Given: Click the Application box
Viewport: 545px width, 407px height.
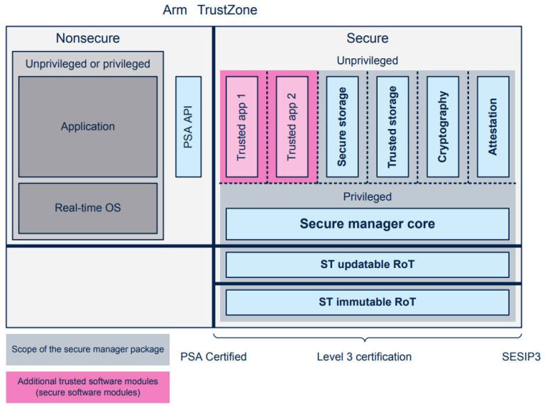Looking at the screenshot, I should pos(87,126).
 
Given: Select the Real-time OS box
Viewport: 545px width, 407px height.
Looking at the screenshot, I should pos(87,208).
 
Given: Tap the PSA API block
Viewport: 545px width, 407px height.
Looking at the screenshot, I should pos(188,126).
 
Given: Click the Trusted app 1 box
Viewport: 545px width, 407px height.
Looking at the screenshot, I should pos(241,126).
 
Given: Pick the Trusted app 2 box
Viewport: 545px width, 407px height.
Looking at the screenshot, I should pos(292,126).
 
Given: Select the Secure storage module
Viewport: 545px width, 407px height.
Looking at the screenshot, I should pos(342,126).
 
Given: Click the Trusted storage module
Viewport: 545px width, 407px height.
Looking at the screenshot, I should pos(392,126).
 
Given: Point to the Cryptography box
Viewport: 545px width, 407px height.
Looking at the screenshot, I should pos(443,126).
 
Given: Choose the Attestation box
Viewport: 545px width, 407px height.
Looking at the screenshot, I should pos(493,126).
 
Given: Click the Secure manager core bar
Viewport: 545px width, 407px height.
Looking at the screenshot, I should pos(367,224).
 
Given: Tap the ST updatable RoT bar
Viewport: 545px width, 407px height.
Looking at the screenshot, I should pos(367,264).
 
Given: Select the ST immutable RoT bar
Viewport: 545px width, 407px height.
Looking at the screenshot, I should pos(367,302).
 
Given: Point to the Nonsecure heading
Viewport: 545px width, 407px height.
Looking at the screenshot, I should pos(88,38).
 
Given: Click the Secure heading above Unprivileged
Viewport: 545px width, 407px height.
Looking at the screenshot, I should pos(367,38).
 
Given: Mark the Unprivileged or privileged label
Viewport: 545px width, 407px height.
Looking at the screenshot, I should pos(88,64).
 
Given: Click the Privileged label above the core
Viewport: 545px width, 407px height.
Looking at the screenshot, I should pos(367,196).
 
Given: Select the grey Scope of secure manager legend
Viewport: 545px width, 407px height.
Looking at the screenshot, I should pos(87,349).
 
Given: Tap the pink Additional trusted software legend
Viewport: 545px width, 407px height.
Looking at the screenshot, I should pos(87,386).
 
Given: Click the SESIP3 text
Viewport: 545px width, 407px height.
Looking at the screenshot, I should pos(521,357).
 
